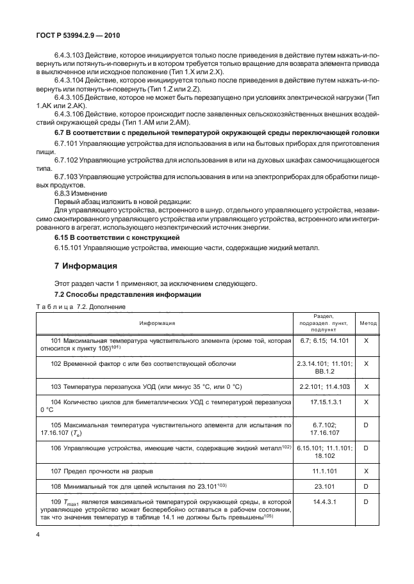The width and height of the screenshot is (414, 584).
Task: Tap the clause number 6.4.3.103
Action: tap(70, 56)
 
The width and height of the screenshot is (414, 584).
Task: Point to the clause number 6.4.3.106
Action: tap(70, 113)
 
